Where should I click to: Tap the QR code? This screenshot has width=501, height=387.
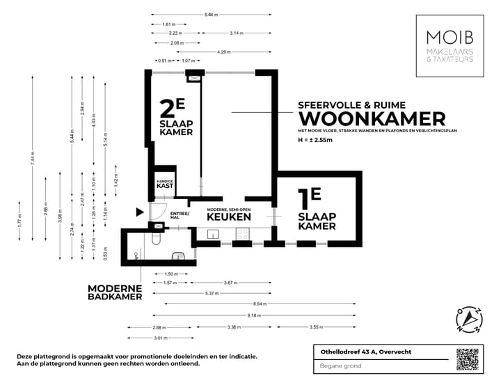pyautogui.click(x=468, y=359)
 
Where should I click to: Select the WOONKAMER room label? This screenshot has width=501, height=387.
pyautogui.click(x=372, y=118)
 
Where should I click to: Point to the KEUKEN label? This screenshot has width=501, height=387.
pyautogui.click(x=228, y=216)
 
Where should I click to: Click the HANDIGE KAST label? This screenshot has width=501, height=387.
pyautogui.click(x=164, y=184)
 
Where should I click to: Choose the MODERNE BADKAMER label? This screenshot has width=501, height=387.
pyautogui.click(x=115, y=292)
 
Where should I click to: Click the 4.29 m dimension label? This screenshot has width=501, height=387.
pyautogui.click(x=224, y=52)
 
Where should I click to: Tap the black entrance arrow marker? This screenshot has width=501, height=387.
pyautogui.click(x=140, y=212)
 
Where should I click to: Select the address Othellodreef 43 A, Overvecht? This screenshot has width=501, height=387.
pyautogui.click(x=362, y=352)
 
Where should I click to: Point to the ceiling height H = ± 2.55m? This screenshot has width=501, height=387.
pyautogui.click(x=316, y=141)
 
